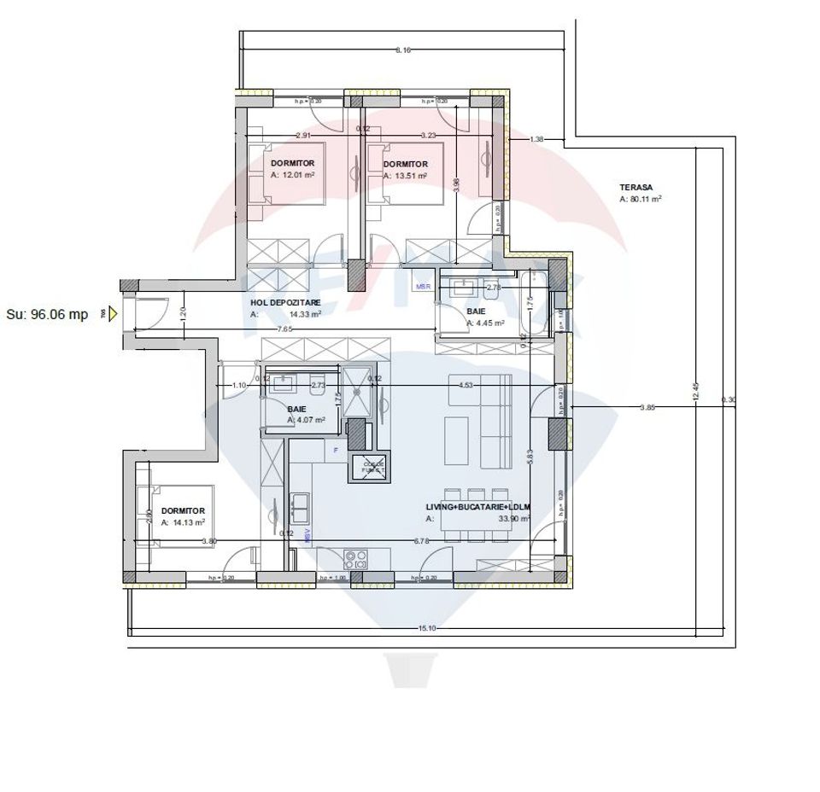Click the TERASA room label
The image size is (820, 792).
click(x=635, y=186)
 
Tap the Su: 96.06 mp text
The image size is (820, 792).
click(x=47, y=314)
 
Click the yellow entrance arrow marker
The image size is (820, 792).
click(x=112, y=314)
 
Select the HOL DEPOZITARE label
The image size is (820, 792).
click(x=286, y=302)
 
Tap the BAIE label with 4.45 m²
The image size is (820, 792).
click(x=476, y=312)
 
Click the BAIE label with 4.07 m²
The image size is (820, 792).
click(x=296, y=409)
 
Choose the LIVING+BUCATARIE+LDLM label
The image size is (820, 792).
click(x=477, y=506)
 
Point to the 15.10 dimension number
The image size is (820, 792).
click(x=427, y=628)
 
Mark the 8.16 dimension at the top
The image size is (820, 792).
click(x=403, y=50)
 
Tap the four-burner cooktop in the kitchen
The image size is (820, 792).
click(x=355, y=560)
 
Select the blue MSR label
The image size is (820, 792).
click(x=423, y=287)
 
